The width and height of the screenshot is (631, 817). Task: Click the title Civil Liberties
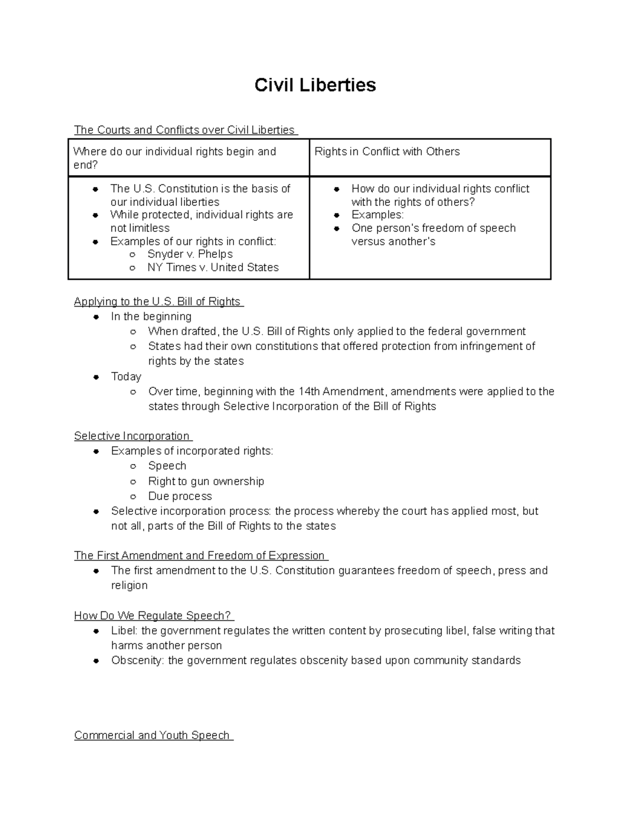315,85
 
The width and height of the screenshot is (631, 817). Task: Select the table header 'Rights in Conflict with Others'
387,152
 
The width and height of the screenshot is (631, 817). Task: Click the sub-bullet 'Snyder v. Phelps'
190,254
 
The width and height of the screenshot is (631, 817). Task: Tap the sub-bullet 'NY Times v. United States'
213,267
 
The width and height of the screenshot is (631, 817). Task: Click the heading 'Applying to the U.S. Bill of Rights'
158,301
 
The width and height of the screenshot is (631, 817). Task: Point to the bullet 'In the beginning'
151,317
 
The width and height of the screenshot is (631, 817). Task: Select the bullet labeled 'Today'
126,377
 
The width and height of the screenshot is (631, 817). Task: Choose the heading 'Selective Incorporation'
132,436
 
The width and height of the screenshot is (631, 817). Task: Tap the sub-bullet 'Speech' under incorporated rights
167,466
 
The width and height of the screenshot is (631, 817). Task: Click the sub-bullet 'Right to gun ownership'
206,481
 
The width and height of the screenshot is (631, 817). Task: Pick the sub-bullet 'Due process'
180,496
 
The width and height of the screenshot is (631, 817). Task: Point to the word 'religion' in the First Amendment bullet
129,586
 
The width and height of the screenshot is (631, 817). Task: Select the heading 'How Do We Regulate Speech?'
153,616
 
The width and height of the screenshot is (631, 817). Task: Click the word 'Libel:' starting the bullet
125,631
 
